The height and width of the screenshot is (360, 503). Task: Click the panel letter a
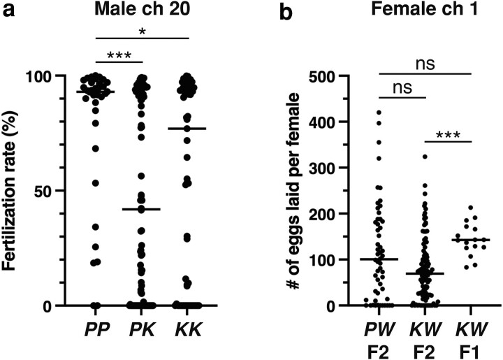pos(9,10)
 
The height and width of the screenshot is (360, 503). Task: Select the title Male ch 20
pos(142,9)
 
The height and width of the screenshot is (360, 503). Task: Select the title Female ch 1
pos(425,9)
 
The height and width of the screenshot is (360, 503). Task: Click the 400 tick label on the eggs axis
pos(321,122)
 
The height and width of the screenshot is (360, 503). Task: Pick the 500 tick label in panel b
pos(321,75)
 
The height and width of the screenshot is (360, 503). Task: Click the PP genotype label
pos(97,329)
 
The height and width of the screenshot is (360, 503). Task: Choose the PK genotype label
pos(143,329)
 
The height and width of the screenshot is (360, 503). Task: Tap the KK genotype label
pos(189,329)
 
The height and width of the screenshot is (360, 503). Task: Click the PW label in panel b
pos(379,329)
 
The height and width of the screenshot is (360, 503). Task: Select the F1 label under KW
pos(471,352)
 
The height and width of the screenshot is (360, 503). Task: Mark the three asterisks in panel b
pos(448,135)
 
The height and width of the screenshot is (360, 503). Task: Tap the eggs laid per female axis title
pos(293,191)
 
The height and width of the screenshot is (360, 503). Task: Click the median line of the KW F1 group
pos(472,240)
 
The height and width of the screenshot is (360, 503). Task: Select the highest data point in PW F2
pos(379,113)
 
